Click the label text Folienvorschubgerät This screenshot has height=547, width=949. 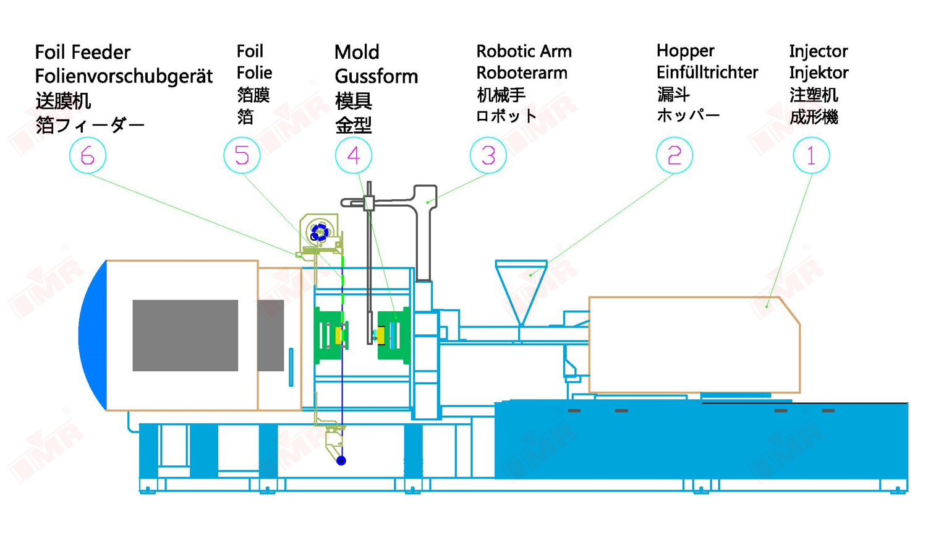coord(124,77)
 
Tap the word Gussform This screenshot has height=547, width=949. coord(377,77)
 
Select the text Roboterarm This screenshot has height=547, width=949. coord(522,73)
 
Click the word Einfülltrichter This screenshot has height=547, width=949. coord(707,72)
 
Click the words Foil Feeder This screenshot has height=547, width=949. coord(83,53)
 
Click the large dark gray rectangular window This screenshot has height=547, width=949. coord(185,335)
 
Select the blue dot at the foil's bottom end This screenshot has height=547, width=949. coord(341,460)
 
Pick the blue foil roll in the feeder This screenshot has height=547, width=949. coord(320,233)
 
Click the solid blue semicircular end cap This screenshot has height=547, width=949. coord(93,335)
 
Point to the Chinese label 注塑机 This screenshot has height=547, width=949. coord(814,95)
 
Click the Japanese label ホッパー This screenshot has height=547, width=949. coord(688,115)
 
